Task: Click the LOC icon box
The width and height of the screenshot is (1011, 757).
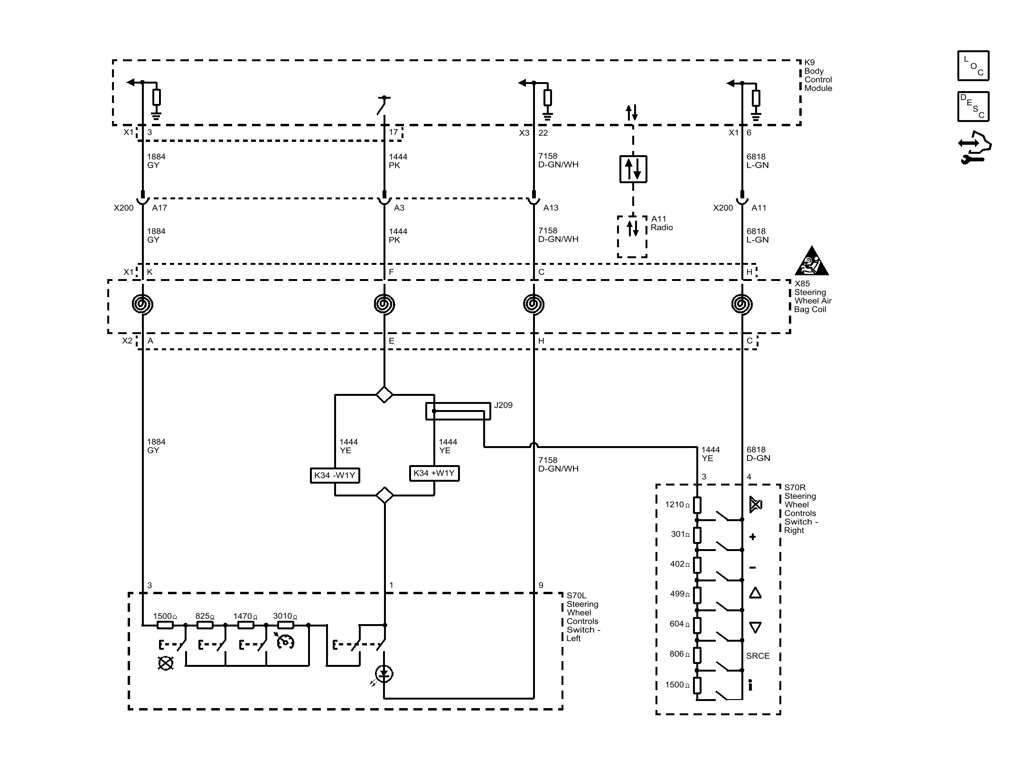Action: (973, 65)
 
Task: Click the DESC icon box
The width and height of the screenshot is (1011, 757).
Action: (973, 106)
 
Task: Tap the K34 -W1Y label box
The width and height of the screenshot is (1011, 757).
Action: (335, 475)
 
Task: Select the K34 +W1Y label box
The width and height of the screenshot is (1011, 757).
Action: (434, 473)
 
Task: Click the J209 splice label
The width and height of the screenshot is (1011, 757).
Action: (503, 405)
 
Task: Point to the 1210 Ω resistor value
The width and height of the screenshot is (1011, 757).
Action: (677, 505)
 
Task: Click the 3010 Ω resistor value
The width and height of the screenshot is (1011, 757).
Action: (285, 616)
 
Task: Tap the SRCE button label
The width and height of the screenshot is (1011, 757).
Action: (758, 656)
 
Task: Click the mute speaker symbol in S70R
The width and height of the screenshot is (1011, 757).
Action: (755, 505)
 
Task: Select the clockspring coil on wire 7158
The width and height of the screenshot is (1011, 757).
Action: (534, 304)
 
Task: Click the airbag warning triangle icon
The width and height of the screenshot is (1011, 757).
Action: (812, 261)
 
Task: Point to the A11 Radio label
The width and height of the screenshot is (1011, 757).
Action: (662, 223)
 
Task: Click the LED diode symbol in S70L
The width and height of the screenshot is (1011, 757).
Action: (384, 673)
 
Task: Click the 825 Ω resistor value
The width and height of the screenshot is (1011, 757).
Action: (205, 616)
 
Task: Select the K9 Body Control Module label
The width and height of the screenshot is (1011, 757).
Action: (818, 75)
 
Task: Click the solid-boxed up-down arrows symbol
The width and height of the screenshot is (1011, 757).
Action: (633, 169)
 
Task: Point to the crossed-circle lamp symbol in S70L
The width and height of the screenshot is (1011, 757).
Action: (165, 663)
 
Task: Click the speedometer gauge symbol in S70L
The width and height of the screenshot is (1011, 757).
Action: (285, 641)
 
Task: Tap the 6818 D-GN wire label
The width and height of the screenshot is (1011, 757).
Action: (758, 454)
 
